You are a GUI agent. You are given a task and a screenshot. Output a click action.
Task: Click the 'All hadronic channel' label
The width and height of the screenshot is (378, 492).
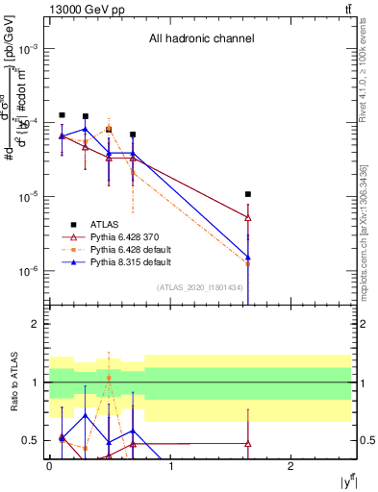[x=200, y=38]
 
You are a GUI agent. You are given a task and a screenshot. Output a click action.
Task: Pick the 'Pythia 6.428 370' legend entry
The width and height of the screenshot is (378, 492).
[x=126, y=235]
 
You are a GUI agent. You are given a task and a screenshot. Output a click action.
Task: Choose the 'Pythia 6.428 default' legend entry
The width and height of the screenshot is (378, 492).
[x=130, y=248]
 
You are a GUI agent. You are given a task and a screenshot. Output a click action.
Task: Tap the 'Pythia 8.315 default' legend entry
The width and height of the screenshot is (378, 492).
[x=130, y=260]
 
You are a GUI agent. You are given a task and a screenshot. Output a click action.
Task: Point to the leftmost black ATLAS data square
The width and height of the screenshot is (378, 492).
[x=62, y=115]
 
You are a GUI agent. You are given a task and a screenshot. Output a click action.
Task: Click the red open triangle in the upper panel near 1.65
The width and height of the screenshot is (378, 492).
[x=248, y=218]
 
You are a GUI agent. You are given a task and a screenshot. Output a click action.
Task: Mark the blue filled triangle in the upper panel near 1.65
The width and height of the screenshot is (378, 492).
[x=248, y=258]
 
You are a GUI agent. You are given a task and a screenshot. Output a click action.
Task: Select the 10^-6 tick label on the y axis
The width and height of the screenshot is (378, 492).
[x=31, y=271]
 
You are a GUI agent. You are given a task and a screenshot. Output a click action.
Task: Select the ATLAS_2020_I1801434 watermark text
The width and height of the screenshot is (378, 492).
[x=198, y=287]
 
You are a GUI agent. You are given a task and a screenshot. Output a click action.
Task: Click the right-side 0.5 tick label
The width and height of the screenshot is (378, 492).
[x=366, y=441]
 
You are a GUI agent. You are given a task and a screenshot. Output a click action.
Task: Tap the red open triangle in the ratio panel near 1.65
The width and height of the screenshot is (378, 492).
[x=248, y=444]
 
